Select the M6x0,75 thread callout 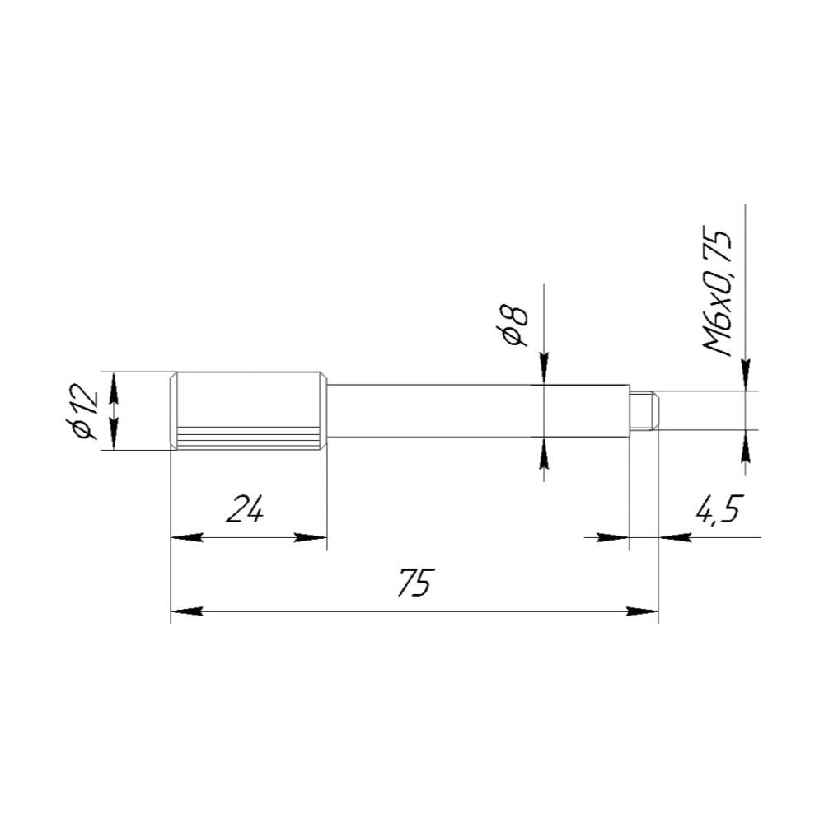point(717,293)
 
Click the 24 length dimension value point(245,508)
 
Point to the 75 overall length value point(415,582)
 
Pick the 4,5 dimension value point(719,510)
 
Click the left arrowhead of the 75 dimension point(186,611)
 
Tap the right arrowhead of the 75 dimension point(642,611)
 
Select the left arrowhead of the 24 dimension point(186,537)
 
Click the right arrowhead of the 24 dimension point(311,537)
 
